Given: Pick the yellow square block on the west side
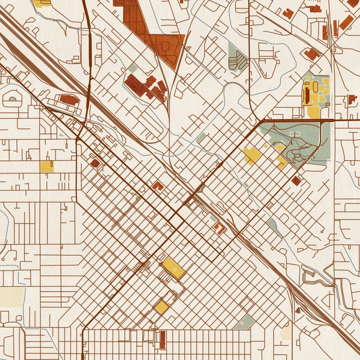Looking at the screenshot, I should click(x=47, y=166).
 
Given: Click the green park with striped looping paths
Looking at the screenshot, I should click(x=238, y=58).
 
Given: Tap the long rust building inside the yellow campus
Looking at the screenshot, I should click(x=307, y=95).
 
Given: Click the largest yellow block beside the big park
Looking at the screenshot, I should click(x=252, y=155).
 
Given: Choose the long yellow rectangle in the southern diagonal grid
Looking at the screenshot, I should click(x=173, y=268).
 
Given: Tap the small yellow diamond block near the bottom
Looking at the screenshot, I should click(x=161, y=307).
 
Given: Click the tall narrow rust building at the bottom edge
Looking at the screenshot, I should click(x=163, y=340).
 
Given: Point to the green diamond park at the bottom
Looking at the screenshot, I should click(x=244, y=323).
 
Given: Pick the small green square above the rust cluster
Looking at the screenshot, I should click(x=132, y=68).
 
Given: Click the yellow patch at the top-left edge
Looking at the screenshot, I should click(x=41, y=3).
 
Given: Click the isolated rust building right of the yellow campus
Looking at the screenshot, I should click(x=352, y=99).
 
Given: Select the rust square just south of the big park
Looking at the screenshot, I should click(x=296, y=180).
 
